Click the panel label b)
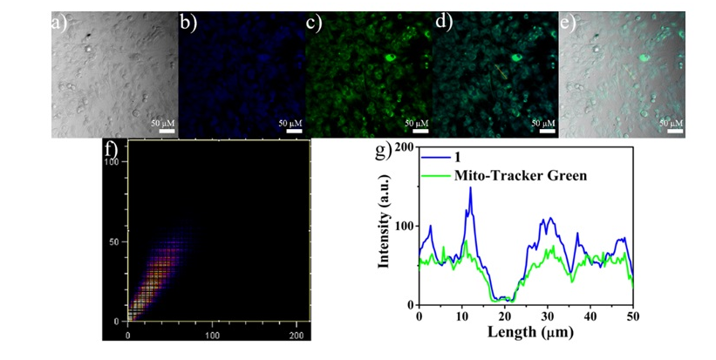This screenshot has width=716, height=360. [x=187, y=23]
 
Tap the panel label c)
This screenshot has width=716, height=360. [x=314, y=23]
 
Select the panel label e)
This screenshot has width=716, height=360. [x=568, y=23]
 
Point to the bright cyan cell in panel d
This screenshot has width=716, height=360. [x=516, y=59]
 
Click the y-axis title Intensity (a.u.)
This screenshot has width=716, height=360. [x=383, y=227]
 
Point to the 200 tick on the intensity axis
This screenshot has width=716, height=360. [x=405, y=147]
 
